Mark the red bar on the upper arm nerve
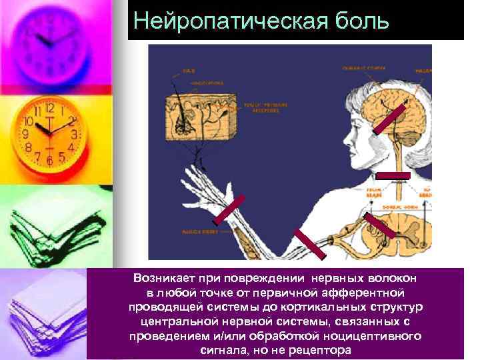coord(309,243)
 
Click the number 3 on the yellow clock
coord(75,134)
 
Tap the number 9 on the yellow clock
coord(25,134)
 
